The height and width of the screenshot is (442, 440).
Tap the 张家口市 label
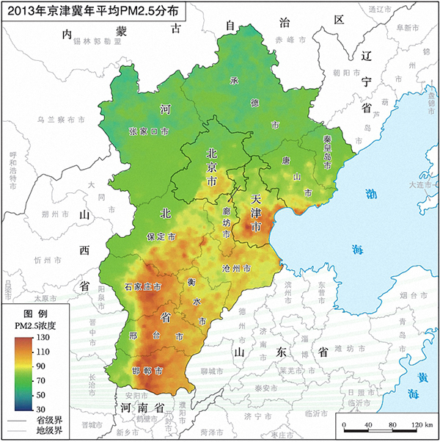[149, 131]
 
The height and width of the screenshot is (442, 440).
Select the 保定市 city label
[161, 238]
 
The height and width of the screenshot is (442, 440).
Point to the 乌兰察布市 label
[61, 118]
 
